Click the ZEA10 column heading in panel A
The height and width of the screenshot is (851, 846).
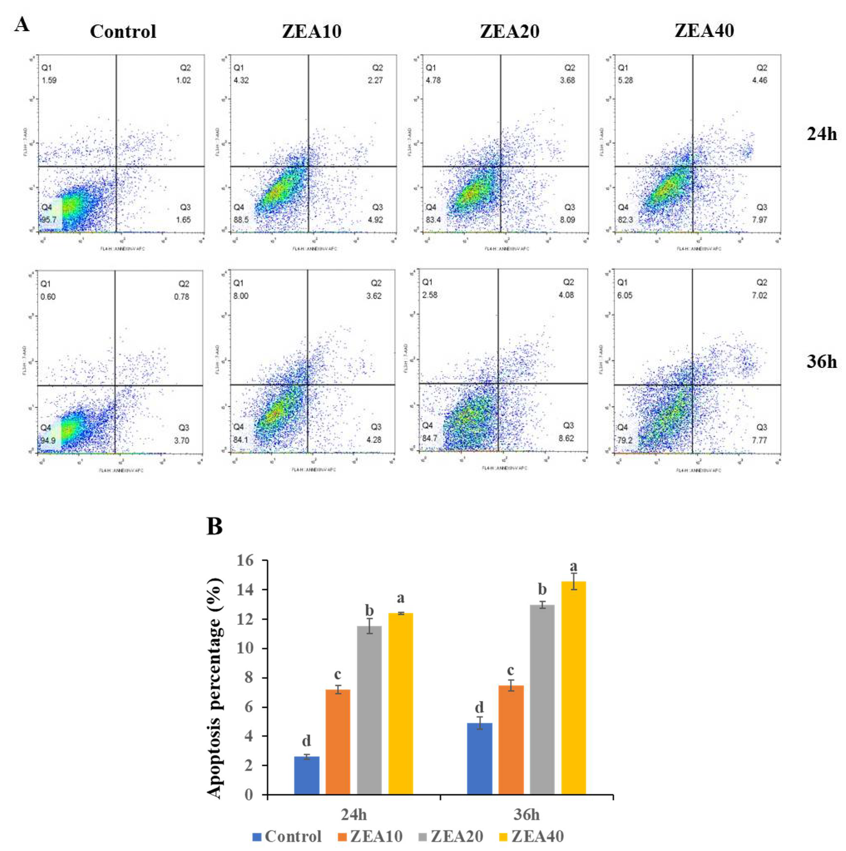point(312,31)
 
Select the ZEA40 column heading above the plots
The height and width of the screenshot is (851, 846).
point(704,30)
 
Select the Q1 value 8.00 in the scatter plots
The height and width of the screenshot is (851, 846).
point(241,296)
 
